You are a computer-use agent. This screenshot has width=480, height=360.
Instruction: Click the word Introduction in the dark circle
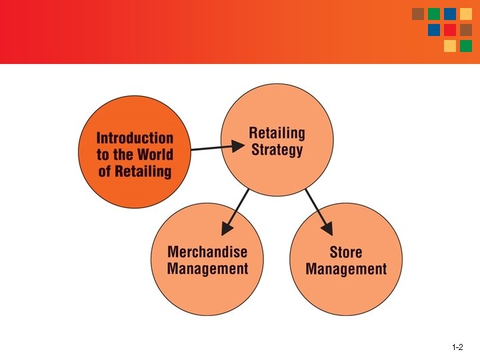click(x=135, y=139)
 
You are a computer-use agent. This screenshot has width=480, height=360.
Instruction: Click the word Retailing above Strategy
click(x=277, y=133)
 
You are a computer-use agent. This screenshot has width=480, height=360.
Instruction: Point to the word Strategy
click(x=277, y=149)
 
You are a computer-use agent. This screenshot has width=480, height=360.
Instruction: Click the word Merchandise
click(x=207, y=252)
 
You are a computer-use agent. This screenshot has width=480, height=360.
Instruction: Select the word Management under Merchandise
click(x=207, y=269)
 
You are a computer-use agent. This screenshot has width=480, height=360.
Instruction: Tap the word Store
click(x=346, y=252)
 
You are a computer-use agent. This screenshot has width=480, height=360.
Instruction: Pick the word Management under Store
click(x=346, y=269)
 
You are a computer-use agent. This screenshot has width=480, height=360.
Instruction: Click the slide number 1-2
click(x=457, y=347)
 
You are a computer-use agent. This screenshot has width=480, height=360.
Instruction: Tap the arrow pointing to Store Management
click(x=319, y=211)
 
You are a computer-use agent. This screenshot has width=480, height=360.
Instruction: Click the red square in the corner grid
click(x=450, y=30)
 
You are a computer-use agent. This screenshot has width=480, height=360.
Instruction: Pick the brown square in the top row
click(x=418, y=14)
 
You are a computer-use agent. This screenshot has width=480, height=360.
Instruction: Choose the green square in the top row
click(x=434, y=14)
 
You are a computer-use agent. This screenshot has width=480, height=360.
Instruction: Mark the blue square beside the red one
click(x=434, y=30)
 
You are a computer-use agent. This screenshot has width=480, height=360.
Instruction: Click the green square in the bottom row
click(x=466, y=46)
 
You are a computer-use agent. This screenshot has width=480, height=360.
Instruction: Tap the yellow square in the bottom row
click(x=450, y=46)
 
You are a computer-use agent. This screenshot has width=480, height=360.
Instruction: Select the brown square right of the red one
click(x=466, y=30)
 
